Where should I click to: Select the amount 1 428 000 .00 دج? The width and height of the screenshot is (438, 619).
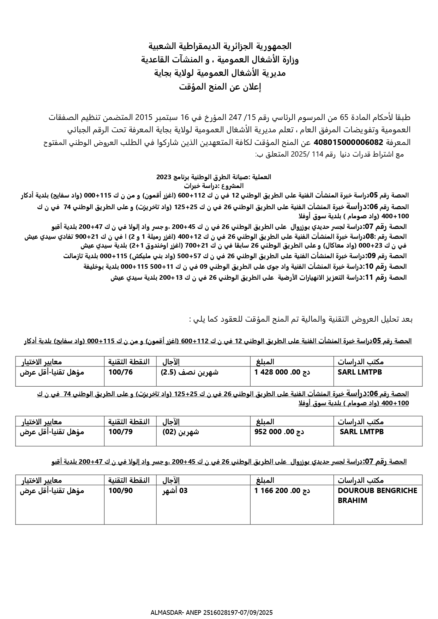pyautogui.click(x=282, y=372)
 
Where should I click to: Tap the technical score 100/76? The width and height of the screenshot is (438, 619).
pyautogui.click(x=121, y=372)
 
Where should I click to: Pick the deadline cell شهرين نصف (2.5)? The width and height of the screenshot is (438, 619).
pyautogui.click(x=190, y=372)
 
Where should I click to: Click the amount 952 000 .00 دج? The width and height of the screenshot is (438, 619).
pyautogui.click(x=279, y=432)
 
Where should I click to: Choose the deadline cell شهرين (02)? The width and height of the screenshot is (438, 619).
pyautogui.click(x=180, y=432)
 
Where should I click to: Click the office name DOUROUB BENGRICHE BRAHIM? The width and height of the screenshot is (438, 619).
pyautogui.click(x=377, y=495)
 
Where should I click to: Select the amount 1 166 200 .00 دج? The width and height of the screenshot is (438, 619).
pyautogui.click(x=282, y=491)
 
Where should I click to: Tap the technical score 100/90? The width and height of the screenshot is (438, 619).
pyautogui.click(x=121, y=491)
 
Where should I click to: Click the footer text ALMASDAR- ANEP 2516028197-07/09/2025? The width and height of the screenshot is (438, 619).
pyautogui.click(x=211, y=613)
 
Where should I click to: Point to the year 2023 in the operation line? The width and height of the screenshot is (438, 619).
pyautogui.click(x=163, y=177)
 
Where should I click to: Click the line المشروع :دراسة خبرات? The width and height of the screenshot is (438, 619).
pyautogui.click(x=214, y=186)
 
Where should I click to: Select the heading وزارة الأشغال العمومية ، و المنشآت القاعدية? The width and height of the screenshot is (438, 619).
pyautogui.click(x=220, y=60)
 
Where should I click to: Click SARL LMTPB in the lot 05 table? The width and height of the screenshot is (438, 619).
pyautogui.click(x=360, y=372)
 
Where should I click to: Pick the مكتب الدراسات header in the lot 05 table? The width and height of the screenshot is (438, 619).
pyautogui.click(x=361, y=362)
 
